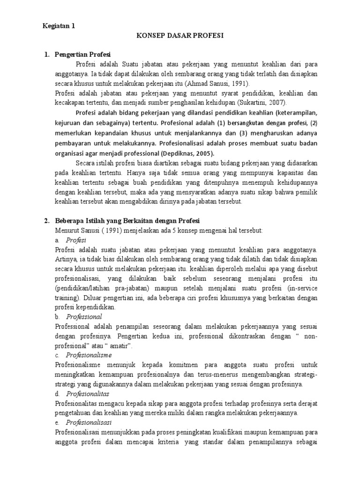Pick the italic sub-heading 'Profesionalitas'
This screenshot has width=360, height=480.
point(88,393)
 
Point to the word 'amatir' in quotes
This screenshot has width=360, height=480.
point(119,345)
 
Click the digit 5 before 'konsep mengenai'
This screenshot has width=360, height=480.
point(158,231)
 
